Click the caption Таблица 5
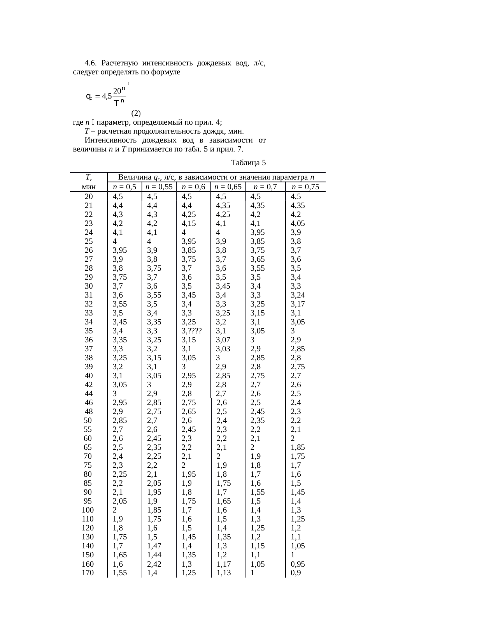pos(249,162)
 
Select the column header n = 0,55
pos(159,187)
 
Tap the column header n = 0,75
pos(305,187)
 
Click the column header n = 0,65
pos(228,187)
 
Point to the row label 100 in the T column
pos(88,510)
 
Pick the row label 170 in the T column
pos(88,573)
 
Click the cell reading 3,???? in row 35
pos(192,331)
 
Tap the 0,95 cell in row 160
pos(298,564)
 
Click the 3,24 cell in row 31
pos(298,295)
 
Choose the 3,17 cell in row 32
pos(298,304)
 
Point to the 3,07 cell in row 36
pos(223,340)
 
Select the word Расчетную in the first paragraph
pos(121,63)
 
